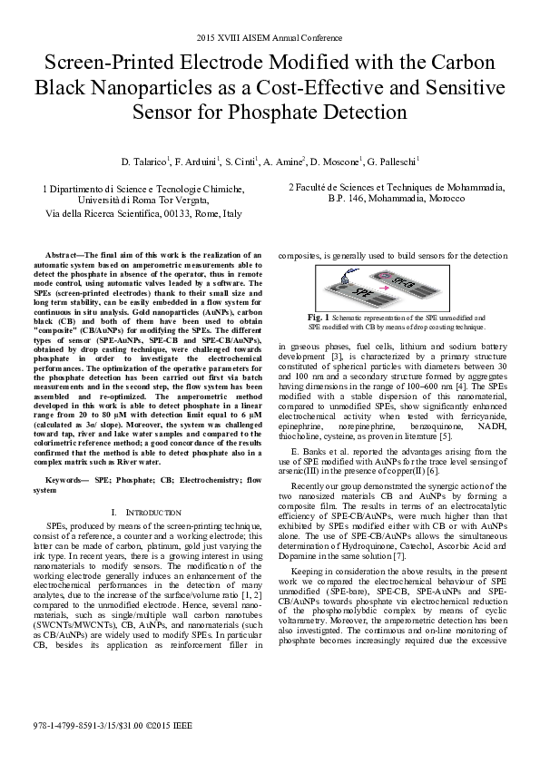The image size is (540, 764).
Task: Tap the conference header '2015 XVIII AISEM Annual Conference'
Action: pos(270,39)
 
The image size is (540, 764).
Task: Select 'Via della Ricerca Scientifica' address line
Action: pos(143,214)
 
